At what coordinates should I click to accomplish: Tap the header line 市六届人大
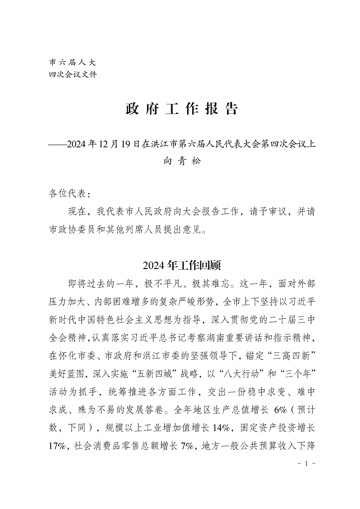pyautogui.click(x=72, y=62)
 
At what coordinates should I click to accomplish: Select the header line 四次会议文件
pyautogui.click(x=72, y=74)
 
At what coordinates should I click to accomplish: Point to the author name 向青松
pyautogui.click(x=182, y=162)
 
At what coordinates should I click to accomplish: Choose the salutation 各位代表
pyautogui.click(x=66, y=194)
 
